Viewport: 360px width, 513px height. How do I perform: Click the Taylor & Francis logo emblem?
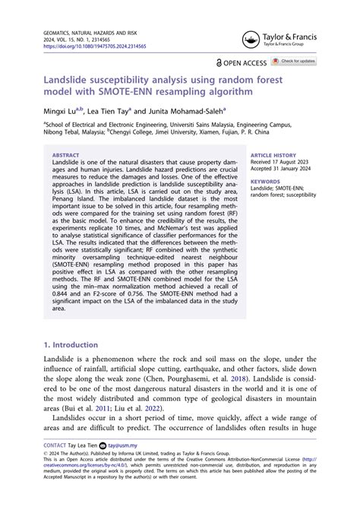tap(251, 40)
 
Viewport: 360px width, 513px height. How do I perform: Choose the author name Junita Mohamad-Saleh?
tap(187, 110)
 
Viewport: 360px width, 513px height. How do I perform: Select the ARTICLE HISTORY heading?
tap(273, 154)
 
